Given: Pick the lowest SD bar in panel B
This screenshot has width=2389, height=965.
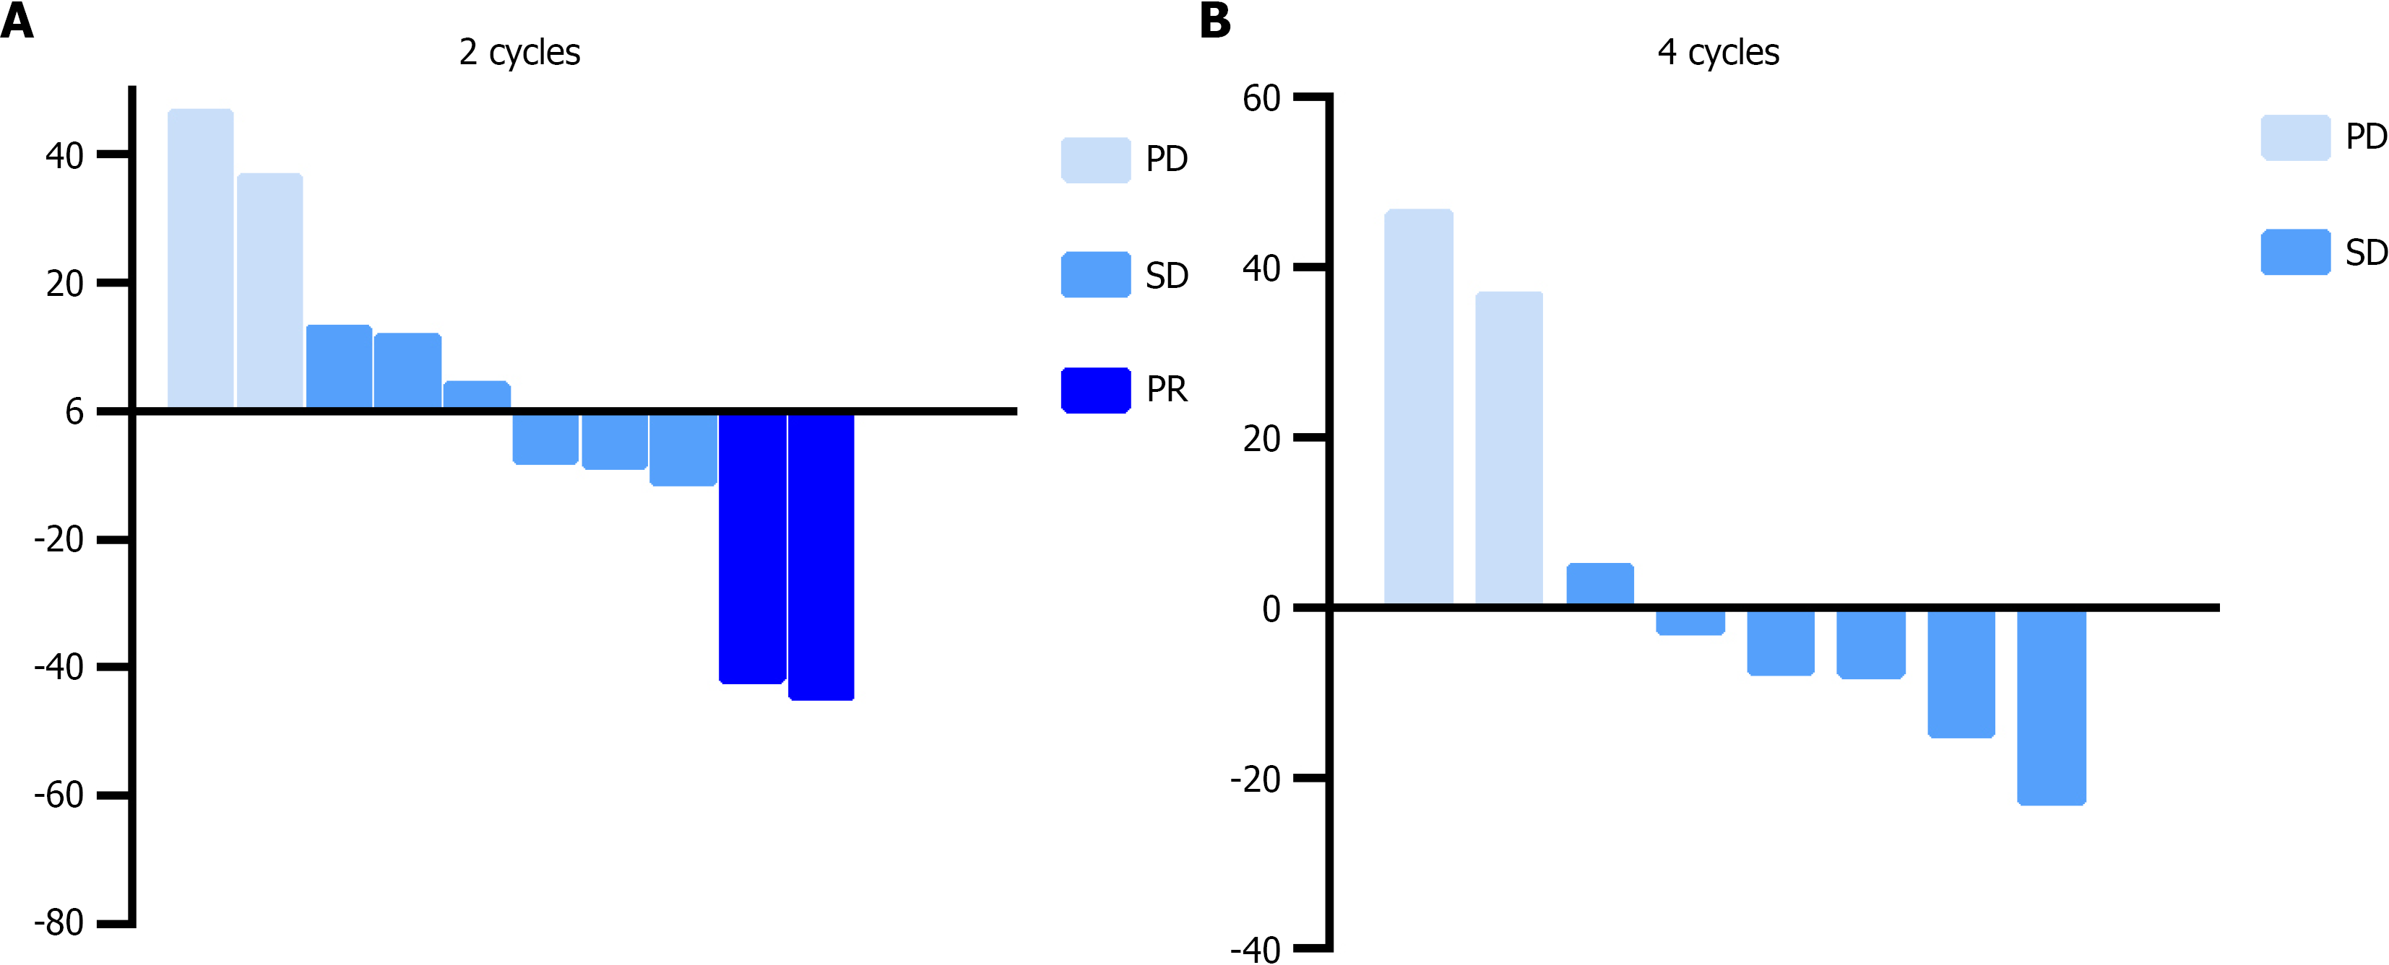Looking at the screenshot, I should point(2052,707).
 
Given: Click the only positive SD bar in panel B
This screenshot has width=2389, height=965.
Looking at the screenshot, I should point(1600,583).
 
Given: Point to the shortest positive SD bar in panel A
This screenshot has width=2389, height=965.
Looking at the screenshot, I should point(477,394).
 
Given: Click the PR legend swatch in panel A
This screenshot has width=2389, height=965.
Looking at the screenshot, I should point(1095,389).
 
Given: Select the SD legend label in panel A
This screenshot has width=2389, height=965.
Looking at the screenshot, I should point(1167,275).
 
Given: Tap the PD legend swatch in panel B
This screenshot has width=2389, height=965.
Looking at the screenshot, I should point(2295,137).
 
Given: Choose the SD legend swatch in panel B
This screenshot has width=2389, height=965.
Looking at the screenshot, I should point(2295,252).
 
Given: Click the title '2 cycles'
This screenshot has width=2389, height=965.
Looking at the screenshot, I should point(519,53).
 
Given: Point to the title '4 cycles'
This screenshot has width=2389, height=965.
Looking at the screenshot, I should point(1718,53).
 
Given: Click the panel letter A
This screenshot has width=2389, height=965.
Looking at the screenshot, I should point(17,20).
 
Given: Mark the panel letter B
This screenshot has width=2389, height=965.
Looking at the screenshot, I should point(1215,20).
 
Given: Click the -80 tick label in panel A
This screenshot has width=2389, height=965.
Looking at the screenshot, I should point(59,923).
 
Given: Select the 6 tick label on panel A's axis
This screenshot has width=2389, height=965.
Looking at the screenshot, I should point(74,411).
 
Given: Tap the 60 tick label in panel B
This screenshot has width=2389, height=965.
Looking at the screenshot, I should point(1261,98).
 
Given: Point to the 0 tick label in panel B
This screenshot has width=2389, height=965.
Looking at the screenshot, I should point(1271,609).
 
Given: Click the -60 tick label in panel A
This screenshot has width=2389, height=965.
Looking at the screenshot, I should point(59,795).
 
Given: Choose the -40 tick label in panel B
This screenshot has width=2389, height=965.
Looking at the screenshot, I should point(1256,949).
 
